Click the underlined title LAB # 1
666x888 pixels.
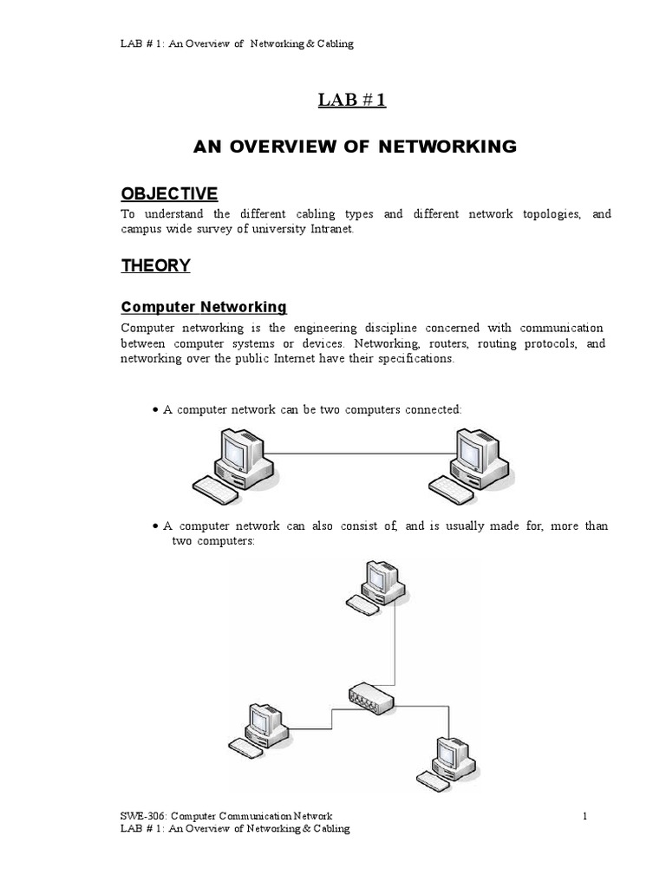pos(351,101)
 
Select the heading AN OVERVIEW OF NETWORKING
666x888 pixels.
pos(354,147)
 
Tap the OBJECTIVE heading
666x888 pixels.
pos(169,193)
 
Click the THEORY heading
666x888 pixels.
pos(155,266)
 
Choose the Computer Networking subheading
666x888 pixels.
pos(204,307)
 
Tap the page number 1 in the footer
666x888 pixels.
pos(585,815)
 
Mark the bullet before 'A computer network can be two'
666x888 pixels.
pos(154,409)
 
